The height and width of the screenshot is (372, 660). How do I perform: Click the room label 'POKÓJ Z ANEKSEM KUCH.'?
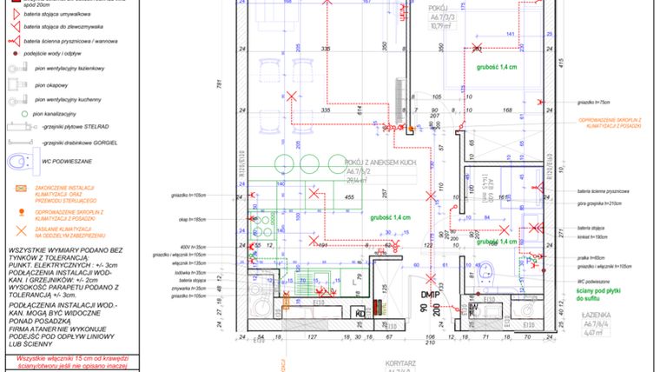pos(380,163)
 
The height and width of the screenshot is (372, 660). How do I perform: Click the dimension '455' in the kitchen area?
pos(348,198)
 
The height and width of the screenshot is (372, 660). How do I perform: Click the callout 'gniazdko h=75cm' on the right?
pos(596,101)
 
